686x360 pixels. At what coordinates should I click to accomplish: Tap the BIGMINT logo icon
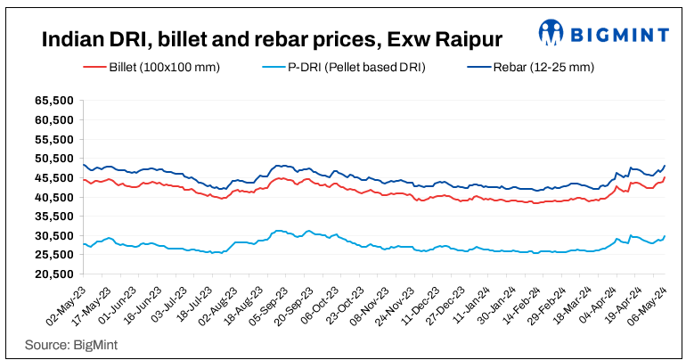point(551,34)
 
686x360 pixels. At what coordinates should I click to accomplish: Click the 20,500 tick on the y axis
point(54,274)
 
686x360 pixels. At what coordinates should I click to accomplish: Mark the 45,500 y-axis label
point(54,177)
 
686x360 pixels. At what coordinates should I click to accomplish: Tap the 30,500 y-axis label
point(54,235)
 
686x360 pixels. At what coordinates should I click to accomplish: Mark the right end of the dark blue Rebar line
point(665,166)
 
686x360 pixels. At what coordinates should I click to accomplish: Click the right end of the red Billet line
point(665,177)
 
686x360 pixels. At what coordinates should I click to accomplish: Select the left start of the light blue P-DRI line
point(83,244)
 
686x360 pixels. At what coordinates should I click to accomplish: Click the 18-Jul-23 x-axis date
point(184,306)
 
